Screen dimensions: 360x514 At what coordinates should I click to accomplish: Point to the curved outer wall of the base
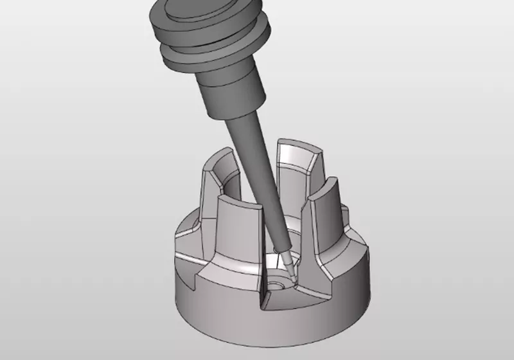tap(308, 321)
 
